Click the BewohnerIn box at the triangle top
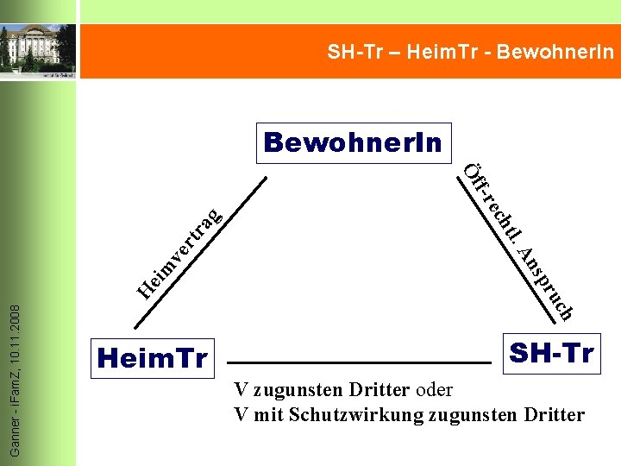point(354,142)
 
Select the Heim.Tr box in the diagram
point(154,356)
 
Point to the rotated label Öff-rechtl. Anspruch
point(518,242)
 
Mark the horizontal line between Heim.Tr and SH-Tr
point(358,362)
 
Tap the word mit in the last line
point(267,415)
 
